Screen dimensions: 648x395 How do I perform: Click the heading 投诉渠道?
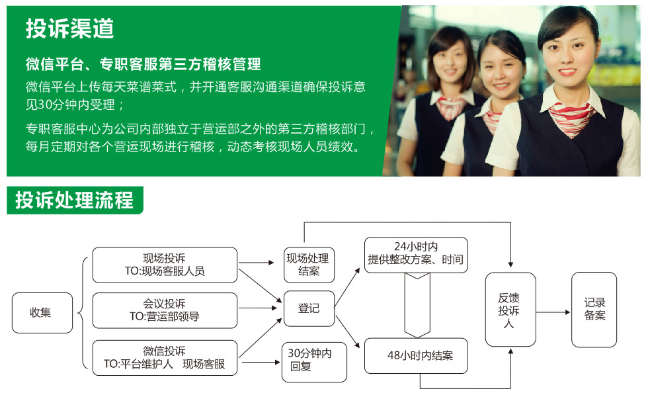[69, 29]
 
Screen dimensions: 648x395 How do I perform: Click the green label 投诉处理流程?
[75, 200]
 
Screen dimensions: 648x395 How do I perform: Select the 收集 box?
[42, 313]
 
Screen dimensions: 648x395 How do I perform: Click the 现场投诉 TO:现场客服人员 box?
[165, 265]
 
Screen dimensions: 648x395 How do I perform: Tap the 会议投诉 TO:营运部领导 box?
[165, 310]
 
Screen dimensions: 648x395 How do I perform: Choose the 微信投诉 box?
[165, 358]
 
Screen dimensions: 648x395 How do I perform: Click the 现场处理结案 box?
[309, 265]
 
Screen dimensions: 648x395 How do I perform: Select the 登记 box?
[309, 308]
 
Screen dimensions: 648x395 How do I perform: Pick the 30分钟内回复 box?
[314, 362]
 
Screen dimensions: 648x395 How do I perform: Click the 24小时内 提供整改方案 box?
[416, 255]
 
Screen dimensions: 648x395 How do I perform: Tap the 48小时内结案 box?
[416, 356]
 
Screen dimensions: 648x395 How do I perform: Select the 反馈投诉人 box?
[510, 310]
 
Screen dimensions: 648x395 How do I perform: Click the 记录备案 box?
[594, 310]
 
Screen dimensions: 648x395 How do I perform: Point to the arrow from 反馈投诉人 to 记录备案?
[553, 312]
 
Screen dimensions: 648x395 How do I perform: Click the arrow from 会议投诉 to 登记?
[257, 308]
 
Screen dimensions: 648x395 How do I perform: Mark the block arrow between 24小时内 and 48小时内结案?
[417, 305]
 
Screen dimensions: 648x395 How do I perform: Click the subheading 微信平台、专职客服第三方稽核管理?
[143, 64]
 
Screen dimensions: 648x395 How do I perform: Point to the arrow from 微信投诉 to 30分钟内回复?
[261, 363]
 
